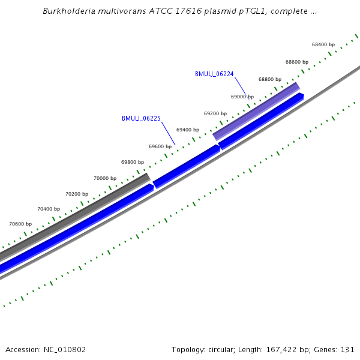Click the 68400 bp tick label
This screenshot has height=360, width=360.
coord(323,44)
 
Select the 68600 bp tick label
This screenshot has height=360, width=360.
coord(297,62)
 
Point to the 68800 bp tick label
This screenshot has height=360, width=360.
coord(270,79)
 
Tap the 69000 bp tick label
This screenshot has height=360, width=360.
coord(242,97)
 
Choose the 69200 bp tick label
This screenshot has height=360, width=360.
coord(215,113)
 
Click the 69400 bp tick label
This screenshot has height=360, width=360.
coord(188,130)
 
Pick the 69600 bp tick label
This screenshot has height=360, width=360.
coord(160,146)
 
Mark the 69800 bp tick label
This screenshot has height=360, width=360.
coord(133,162)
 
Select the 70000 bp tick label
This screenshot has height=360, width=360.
coord(105,178)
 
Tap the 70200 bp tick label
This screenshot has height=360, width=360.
coord(77,194)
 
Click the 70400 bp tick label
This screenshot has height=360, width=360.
coord(49,209)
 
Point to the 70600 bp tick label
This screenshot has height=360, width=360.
coord(20,224)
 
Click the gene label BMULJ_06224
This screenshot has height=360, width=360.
coord(214,74)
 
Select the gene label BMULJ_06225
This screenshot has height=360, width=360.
coord(141,118)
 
